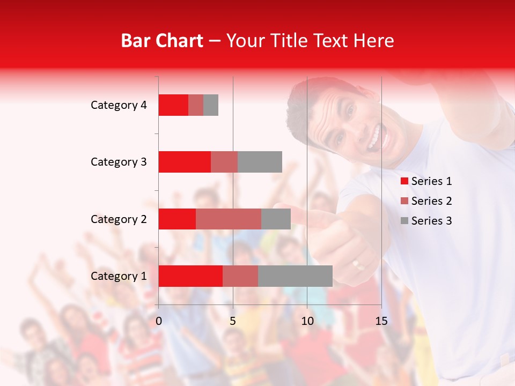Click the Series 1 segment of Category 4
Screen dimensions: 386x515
[x=173, y=105]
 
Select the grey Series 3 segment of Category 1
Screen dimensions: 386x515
[x=295, y=276]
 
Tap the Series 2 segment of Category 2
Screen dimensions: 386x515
[x=229, y=219]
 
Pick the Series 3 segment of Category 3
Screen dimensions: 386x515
[x=260, y=162]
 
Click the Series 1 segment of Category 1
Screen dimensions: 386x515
[x=190, y=276]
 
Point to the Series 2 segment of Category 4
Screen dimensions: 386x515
[x=196, y=105]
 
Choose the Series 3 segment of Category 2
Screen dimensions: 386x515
[x=276, y=219]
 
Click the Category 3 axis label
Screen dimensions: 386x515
[x=119, y=162]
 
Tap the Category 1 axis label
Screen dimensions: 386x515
[x=119, y=276]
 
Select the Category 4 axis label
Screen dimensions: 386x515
[x=119, y=105]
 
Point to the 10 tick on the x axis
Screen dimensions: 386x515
[x=307, y=321]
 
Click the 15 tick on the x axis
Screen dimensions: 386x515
[x=381, y=321]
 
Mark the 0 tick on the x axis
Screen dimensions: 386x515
[x=159, y=321]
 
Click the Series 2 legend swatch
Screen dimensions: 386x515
[x=404, y=201]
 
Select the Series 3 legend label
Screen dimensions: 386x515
[x=431, y=221]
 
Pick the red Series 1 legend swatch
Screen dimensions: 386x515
[x=404, y=181]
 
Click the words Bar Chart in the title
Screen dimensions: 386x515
[x=162, y=41]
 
